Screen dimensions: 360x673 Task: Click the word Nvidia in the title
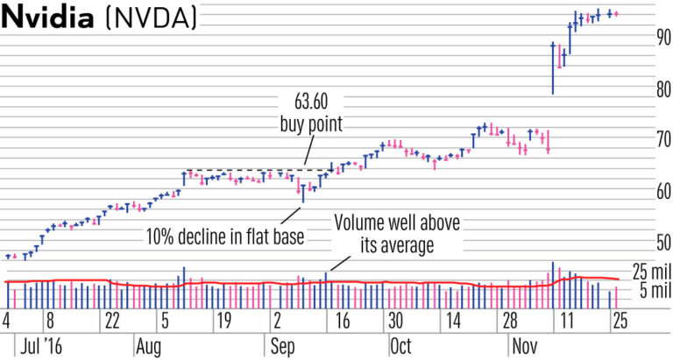click(x=49, y=19)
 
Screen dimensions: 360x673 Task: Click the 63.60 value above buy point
click(x=311, y=101)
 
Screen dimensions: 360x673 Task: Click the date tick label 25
click(x=619, y=319)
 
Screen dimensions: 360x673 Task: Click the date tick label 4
click(x=7, y=319)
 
